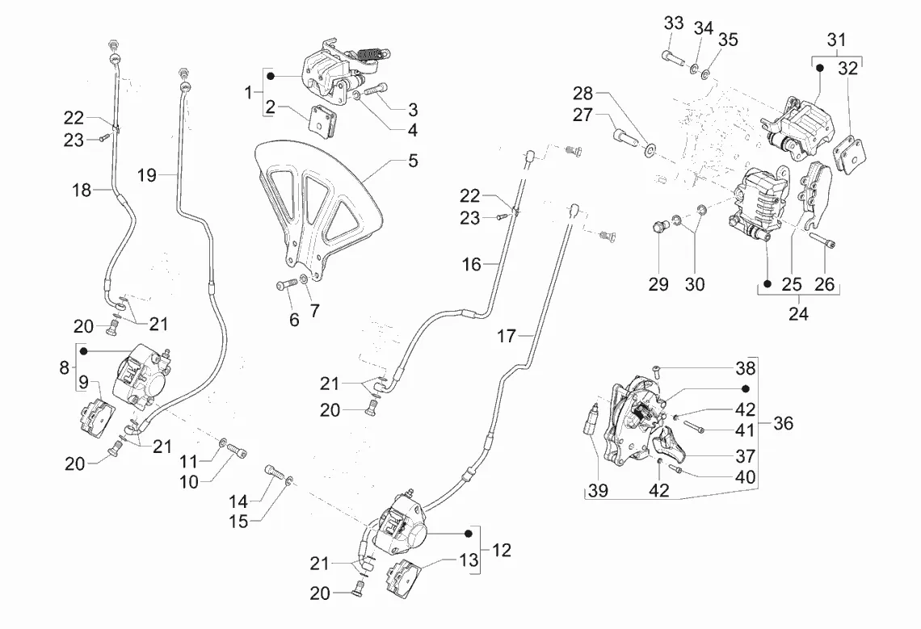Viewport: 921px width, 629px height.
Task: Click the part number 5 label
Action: point(413,161)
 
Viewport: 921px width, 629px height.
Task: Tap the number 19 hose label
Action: point(145,174)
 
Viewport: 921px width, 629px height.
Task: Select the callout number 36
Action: point(783,422)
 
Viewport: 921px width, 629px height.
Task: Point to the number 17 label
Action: point(506,336)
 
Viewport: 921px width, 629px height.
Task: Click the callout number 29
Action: point(658,284)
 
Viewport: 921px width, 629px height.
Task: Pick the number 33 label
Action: point(674,23)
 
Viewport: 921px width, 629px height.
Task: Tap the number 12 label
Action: point(501,551)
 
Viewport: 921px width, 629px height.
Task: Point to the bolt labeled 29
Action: point(658,228)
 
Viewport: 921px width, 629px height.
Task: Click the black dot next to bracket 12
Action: point(468,535)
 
